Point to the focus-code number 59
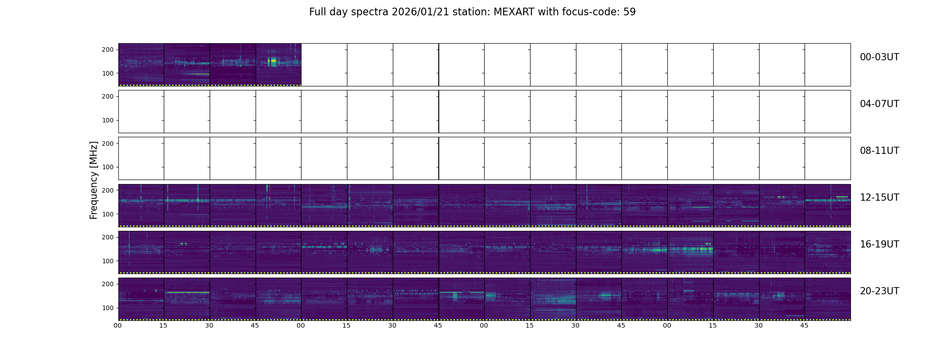(x=630, y=12)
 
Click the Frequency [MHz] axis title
(x=94, y=180)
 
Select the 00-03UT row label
(x=879, y=57)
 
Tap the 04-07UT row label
(x=879, y=104)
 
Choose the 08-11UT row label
(x=879, y=151)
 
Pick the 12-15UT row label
(x=879, y=198)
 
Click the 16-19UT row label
(x=879, y=244)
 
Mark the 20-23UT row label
(x=879, y=291)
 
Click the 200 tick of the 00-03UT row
(x=108, y=49)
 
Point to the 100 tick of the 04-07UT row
(x=108, y=120)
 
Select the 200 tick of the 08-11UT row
(x=108, y=144)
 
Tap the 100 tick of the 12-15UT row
(x=108, y=214)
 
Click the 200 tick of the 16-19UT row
(x=108, y=237)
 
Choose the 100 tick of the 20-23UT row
(x=108, y=308)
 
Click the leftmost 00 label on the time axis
(x=118, y=325)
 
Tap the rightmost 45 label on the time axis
(x=804, y=325)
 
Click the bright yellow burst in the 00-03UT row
(x=272, y=61)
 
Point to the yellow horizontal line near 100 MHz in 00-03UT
(x=197, y=74)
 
